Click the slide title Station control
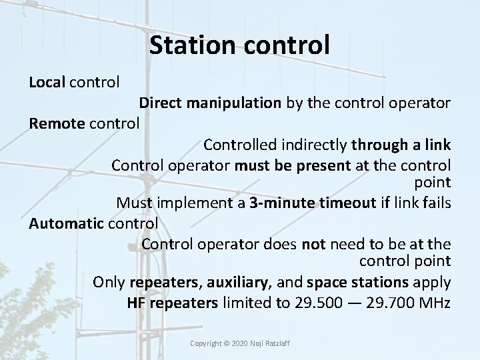pos(239,45)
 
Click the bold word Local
pos(45,83)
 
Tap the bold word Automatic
pos(65,223)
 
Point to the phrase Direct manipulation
pos(210,103)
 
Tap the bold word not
pos(313,243)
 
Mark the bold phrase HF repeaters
pos(172,303)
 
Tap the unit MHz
pos(435,303)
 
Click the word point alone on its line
pos(434,183)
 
